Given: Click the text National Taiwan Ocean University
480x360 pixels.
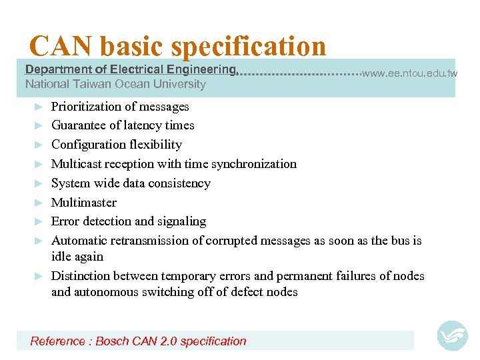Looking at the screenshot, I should click(x=115, y=84).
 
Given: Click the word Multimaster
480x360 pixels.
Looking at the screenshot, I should click(x=84, y=203).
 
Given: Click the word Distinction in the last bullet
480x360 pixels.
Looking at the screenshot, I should click(x=81, y=276).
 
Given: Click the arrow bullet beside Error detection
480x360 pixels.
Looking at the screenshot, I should click(x=39, y=221).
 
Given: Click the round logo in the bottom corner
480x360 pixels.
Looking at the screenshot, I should click(x=452, y=336).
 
